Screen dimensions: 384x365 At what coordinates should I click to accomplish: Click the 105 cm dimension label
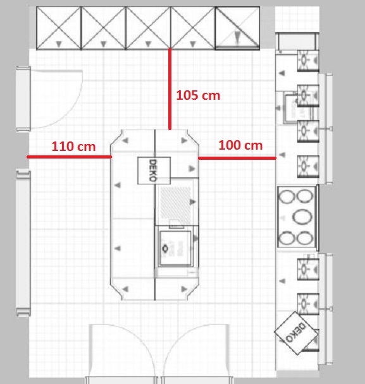pyautogui.click(x=197, y=95)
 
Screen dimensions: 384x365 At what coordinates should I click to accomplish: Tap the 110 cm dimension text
pyautogui.click(x=73, y=147)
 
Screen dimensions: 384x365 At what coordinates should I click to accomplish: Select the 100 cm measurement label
pyautogui.click(x=240, y=145)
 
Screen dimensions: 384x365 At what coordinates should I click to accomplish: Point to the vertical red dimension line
pyautogui.click(x=170, y=88)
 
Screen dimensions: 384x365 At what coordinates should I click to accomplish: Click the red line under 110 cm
pyautogui.click(x=69, y=156)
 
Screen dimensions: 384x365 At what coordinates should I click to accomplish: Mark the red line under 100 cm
pyautogui.click(x=237, y=158)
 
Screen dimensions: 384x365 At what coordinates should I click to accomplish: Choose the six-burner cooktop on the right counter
pyautogui.click(x=297, y=217)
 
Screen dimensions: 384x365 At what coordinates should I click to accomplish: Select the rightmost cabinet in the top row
pyautogui.click(x=237, y=27)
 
